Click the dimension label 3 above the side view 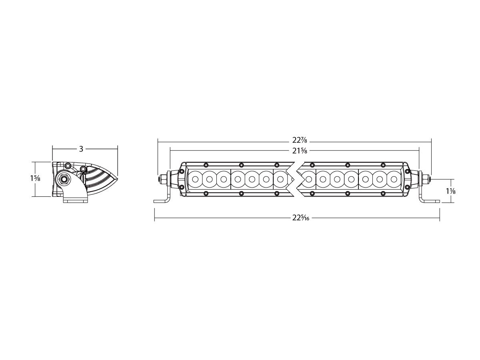81,149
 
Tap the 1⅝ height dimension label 35,178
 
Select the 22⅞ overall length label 300,140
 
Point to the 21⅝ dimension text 300,151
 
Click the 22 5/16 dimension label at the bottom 301,218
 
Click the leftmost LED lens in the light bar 195,179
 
